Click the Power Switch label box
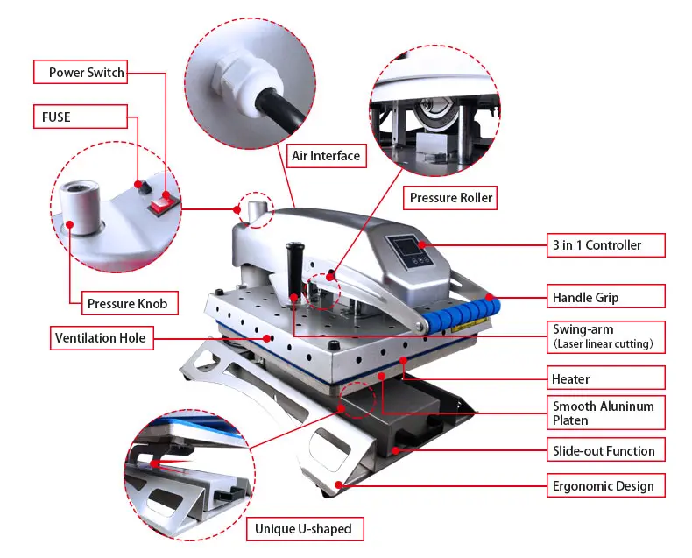tap(81, 72)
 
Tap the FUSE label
tap(81, 117)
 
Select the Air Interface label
tap(326, 155)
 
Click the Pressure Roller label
tap(450, 197)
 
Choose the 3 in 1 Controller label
tap(606, 245)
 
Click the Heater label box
tap(606, 378)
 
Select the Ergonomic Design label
tap(606, 485)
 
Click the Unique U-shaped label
tap(305, 529)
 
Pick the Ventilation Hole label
tap(102, 338)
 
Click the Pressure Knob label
tap(130, 303)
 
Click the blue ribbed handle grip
tap(461, 313)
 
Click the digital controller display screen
tap(407, 246)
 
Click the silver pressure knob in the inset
tap(81, 206)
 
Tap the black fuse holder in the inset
tap(144, 187)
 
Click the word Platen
tap(570, 420)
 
